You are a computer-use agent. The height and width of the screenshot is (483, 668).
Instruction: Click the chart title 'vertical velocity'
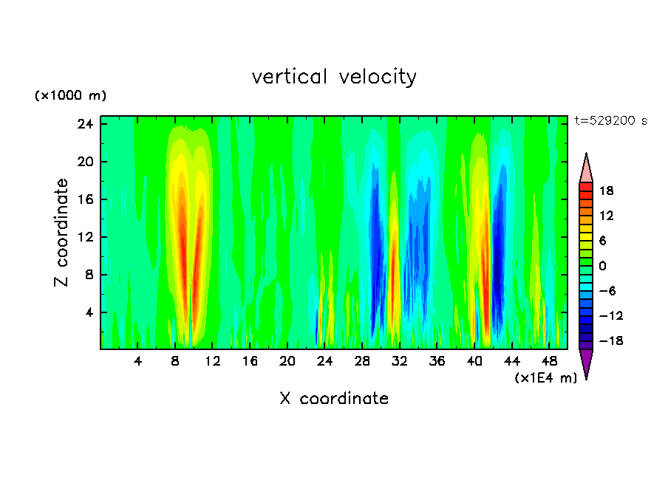(334, 77)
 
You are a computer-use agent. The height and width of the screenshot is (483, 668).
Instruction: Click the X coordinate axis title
(334, 399)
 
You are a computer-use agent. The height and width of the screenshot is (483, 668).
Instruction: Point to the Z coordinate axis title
(62, 233)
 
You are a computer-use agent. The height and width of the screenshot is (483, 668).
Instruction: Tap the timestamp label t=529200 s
(610, 121)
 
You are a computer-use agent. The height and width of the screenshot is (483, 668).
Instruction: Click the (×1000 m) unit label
(70, 96)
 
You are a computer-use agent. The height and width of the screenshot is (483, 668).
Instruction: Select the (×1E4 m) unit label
(545, 378)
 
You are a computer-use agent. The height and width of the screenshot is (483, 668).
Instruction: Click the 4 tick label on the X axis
(138, 361)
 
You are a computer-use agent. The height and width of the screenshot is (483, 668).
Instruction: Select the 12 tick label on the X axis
(213, 361)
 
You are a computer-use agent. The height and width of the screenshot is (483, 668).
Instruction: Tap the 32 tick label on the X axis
(400, 361)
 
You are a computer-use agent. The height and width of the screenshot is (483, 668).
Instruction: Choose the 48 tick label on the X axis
(549, 361)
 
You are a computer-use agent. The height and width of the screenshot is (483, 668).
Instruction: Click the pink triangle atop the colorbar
(586, 168)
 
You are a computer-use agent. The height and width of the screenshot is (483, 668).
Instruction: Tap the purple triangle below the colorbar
(586, 363)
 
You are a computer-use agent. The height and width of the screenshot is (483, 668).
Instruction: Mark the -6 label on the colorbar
(607, 291)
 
